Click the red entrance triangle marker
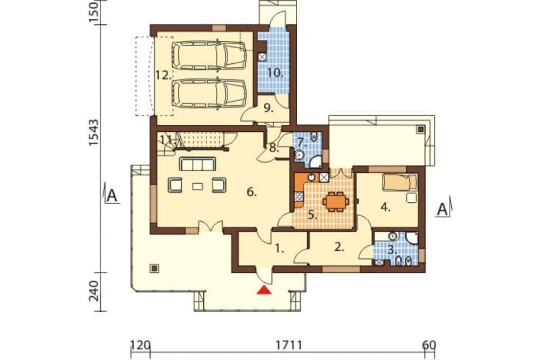(x=265, y=290)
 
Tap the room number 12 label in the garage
(x=163, y=75)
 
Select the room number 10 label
(x=275, y=73)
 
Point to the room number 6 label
(x=252, y=192)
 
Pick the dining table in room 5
(x=335, y=202)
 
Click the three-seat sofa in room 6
(x=197, y=164)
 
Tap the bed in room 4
(x=400, y=182)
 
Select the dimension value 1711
(x=289, y=345)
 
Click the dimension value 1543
(x=94, y=133)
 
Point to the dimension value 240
(x=94, y=291)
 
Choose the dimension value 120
(x=140, y=345)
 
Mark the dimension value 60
(x=429, y=345)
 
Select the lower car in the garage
(x=209, y=94)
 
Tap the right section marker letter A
(x=443, y=209)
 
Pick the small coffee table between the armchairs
(x=197, y=186)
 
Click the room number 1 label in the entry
(x=280, y=249)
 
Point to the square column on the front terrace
(x=155, y=268)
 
